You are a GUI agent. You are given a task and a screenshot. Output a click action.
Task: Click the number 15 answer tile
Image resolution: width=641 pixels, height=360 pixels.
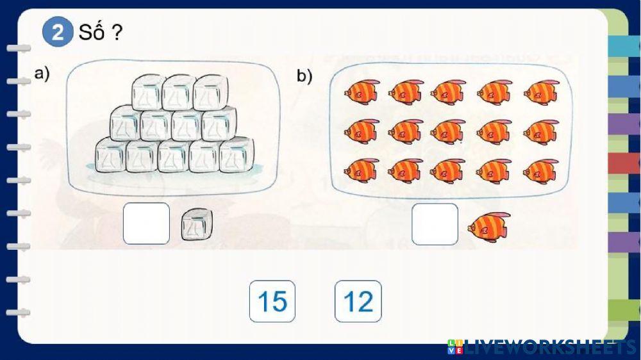pos(272,301)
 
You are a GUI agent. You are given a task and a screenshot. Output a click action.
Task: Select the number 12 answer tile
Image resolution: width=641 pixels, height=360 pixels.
pos(358,301)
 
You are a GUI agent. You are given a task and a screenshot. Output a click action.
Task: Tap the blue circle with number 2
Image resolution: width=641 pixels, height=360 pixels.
pos(58,32)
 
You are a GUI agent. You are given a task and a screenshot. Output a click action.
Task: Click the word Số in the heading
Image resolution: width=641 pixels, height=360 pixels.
pos(91,31)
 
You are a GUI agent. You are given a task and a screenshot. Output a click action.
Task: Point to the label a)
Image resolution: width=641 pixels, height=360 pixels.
pos(42,74)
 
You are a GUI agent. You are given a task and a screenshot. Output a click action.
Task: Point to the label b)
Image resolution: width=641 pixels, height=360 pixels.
pos(304,76)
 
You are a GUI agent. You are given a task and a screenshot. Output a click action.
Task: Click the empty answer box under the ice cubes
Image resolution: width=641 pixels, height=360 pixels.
pos(146,224)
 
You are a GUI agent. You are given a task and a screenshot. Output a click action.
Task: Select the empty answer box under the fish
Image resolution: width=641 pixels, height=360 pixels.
pos(435,224)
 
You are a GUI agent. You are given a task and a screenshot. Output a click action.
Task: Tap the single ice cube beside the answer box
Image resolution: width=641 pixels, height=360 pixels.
pos(197,224)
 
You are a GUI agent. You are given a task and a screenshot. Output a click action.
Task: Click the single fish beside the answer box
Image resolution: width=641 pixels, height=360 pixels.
pos(489,226)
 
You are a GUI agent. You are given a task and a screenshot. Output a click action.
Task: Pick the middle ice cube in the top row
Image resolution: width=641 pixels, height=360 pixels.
pos(179,92)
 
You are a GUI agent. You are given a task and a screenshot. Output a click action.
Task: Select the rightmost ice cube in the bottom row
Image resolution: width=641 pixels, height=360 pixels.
pos(237,154)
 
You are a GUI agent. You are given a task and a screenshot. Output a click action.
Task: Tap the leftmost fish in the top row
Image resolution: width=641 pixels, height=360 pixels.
pos(362,92)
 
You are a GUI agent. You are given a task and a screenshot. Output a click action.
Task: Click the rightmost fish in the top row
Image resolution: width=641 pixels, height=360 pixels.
pos(541,92)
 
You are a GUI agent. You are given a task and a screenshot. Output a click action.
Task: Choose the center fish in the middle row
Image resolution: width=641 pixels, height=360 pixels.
pos(448,131)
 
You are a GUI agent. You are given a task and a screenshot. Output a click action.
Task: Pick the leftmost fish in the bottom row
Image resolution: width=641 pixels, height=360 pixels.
pos(362,170)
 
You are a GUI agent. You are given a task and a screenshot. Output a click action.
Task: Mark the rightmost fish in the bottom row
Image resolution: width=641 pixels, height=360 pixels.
pos(540,170)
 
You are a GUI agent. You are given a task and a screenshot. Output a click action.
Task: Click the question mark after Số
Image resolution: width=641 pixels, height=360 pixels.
pos(117,32)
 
